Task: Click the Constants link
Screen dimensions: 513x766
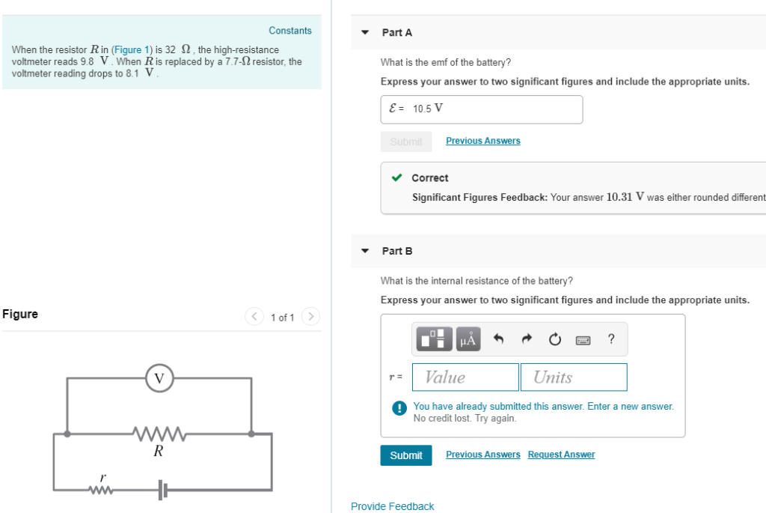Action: coord(290,31)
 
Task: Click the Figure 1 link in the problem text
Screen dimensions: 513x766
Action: coord(126,49)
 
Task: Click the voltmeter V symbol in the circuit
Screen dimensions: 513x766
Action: coord(159,378)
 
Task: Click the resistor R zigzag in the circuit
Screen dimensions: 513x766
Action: coord(159,433)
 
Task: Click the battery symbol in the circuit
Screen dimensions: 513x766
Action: coord(163,491)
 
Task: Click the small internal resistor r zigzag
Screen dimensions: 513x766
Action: coord(100,491)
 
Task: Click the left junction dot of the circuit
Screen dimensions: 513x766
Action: coord(68,433)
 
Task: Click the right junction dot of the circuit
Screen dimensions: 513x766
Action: coord(251,433)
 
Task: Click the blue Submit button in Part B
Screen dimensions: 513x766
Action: coord(406,455)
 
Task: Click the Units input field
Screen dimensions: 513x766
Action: coord(574,377)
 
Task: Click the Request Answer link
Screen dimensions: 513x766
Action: coord(561,455)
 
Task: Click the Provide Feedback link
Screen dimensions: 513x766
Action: coord(392,507)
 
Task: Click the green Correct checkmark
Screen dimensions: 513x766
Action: coord(397,178)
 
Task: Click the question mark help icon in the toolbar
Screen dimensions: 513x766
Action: coord(612,340)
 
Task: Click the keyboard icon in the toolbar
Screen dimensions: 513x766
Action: coord(583,341)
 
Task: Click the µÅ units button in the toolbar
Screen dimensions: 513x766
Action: coord(468,340)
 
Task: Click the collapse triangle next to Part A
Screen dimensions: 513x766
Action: coord(365,33)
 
